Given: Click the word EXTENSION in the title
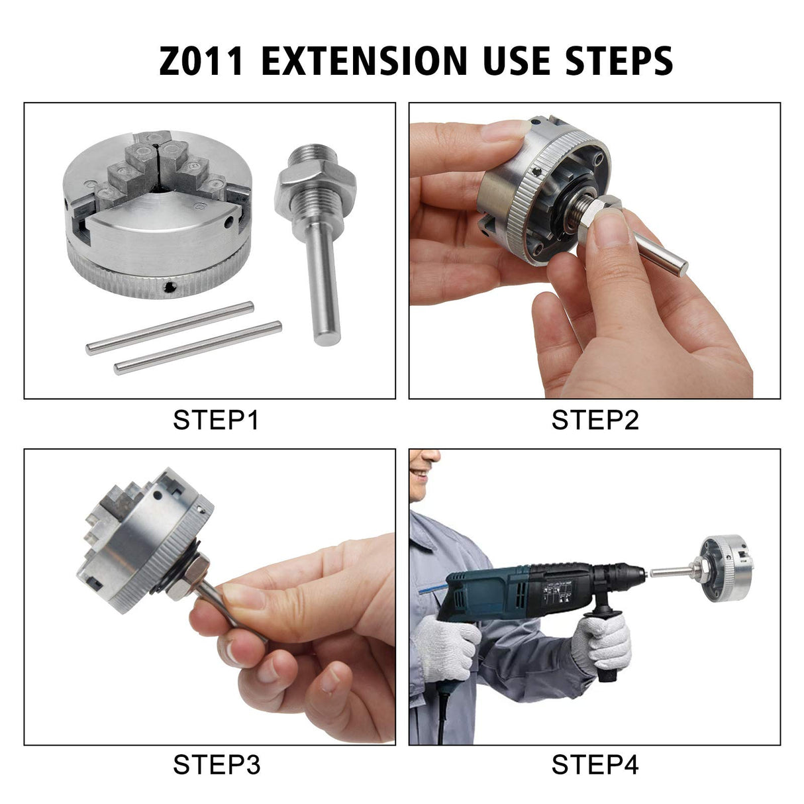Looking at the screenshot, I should [x=364, y=60].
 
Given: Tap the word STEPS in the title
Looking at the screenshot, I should [x=619, y=60].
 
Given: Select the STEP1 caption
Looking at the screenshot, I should [x=216, y=420].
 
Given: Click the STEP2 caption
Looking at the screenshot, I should [x=595, y=420].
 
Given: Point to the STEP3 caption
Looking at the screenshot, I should [x=216, y=765].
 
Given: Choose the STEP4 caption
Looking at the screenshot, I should [x=595, y=765].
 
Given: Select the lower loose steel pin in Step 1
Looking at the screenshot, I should [x=197, y=348].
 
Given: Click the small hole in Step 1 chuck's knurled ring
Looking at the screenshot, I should [x=170, y=286].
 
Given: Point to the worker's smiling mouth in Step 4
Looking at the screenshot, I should [x=419, y=473].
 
